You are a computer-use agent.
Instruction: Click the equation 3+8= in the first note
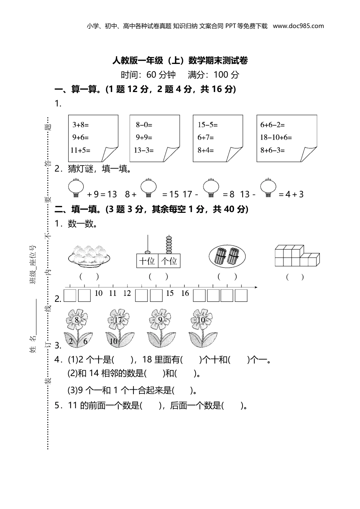[80, 125]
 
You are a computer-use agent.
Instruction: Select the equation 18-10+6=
[276, 137]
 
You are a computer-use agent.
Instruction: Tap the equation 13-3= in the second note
[144, 150]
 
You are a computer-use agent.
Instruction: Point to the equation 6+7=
[206, 137]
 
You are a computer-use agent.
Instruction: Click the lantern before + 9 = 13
[76, 188]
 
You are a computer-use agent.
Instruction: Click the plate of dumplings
[89, 254]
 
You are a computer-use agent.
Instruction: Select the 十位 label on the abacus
[147, 261]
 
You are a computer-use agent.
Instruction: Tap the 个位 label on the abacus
[169, 261]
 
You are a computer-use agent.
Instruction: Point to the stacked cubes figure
[297, 256]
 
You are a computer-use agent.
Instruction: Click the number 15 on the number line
[170, 293]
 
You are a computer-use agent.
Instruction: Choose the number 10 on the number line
[99, 293]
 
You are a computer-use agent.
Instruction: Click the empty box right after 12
[141, 295]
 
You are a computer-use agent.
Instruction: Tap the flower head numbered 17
[118, 320]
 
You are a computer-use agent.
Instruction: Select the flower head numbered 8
[77, 320]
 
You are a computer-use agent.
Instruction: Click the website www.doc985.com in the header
[298, 26]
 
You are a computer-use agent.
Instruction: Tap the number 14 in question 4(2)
[94, 373]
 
